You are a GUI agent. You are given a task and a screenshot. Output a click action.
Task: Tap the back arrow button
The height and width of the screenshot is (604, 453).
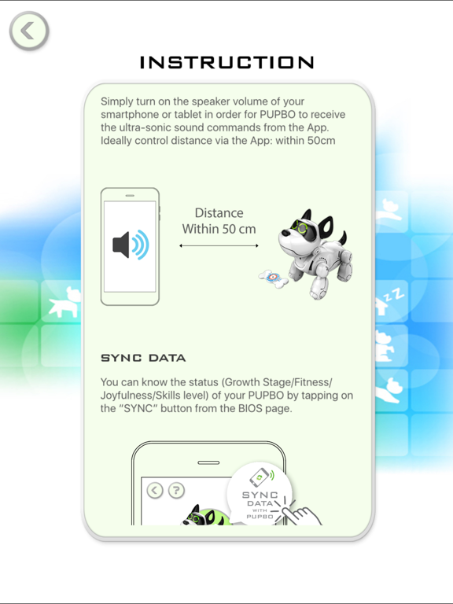click(29, 31)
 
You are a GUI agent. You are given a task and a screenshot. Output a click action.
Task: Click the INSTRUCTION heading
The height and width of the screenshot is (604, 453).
click(227, 63)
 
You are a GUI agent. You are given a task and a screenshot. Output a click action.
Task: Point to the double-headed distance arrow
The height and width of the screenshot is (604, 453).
click(219, 246)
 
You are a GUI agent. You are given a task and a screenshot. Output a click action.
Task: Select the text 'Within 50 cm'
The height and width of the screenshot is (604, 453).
click(219, 229)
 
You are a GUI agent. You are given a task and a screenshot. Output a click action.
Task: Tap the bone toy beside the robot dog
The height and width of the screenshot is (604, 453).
click(273, 278)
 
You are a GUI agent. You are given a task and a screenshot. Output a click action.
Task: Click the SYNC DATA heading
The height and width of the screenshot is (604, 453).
click(143, 358)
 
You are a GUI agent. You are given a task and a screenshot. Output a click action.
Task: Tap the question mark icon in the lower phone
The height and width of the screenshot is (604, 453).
click(176, 490)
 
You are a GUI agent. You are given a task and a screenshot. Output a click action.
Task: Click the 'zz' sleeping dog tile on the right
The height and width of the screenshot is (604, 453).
click(391, 303)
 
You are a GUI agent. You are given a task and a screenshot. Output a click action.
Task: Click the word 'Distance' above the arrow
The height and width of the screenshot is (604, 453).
click(219, 213)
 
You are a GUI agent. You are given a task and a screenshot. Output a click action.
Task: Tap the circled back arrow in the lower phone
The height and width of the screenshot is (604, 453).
click(155, 490)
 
